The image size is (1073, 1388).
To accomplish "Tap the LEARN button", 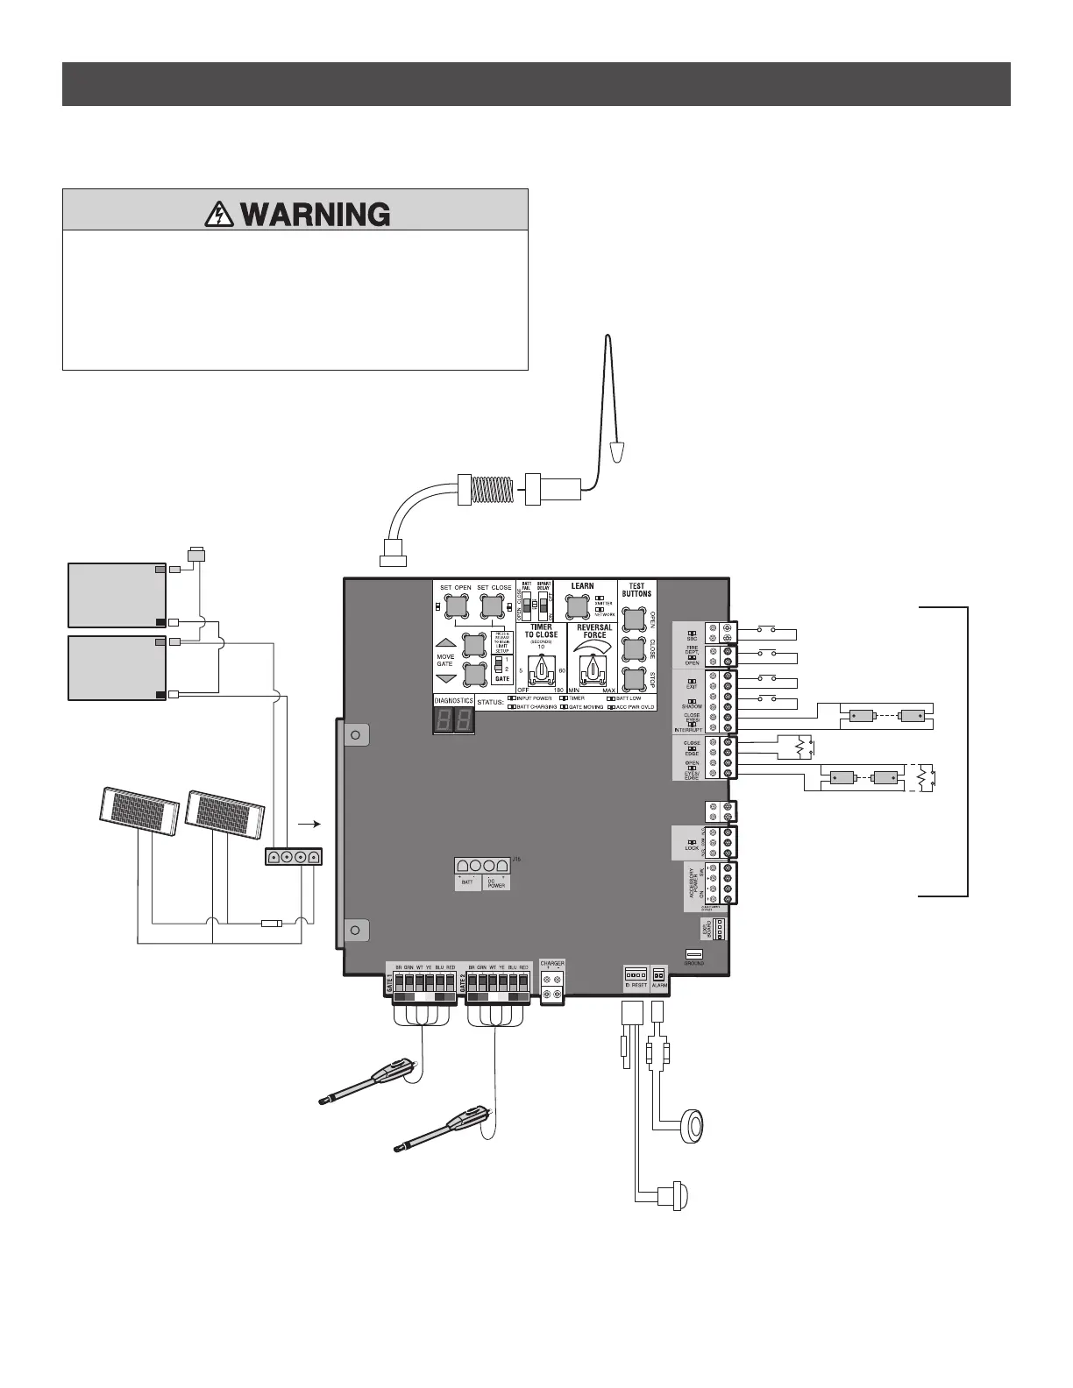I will click(x=577, y=606).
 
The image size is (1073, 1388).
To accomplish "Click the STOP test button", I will click(x=632, y=680).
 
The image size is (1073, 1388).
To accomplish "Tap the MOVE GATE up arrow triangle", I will click(x=445, y=642).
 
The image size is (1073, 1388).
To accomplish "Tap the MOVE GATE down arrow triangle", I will click(x=445, y=680).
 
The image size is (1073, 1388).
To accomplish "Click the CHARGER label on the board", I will click(x=552, y=963).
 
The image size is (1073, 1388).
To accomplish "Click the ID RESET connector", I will click(x=636, y=974).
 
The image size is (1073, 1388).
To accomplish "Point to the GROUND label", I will click(x=693, y=963).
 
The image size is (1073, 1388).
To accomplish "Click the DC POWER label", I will click(x=496, y=883).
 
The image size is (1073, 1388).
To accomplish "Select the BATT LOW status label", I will click(x=628, y=698).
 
